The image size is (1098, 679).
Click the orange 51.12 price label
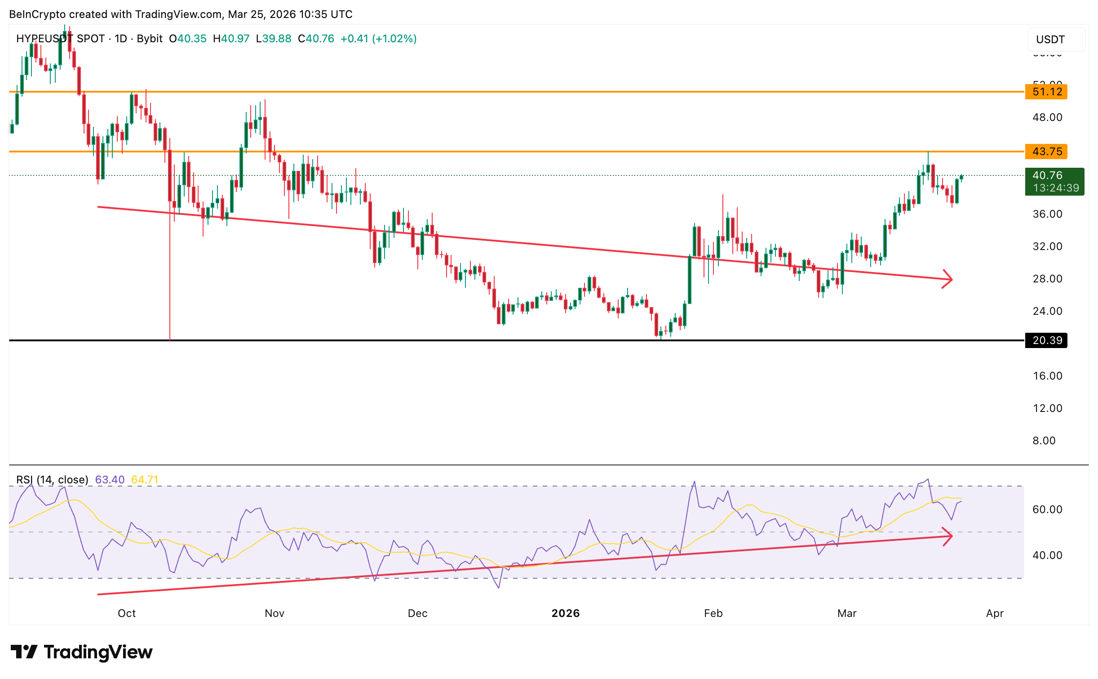click(x=1046, y=92)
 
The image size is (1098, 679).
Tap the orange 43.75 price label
click(x=1046, y=152)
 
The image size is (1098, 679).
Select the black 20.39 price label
click(x=1046, y=340)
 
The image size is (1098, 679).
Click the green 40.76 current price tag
click(x=1054, y=181)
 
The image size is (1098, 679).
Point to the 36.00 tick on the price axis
click(x=1047, y=214)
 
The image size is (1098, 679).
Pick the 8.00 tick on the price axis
click(x=1044, y=441)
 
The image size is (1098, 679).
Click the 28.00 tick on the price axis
click(x=1047, y=279)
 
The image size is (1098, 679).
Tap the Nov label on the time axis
click(x=274, y=613)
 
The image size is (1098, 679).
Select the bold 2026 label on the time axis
click(x=565, y=613)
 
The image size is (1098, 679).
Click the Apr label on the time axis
click(x=995, y=613)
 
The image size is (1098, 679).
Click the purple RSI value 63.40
click(x=110, y=480)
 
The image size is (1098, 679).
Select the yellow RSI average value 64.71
click(x=145, y=480)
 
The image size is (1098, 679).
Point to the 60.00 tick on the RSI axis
click(x=1047, y=509)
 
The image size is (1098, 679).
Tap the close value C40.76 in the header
click(x=316, y=39)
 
